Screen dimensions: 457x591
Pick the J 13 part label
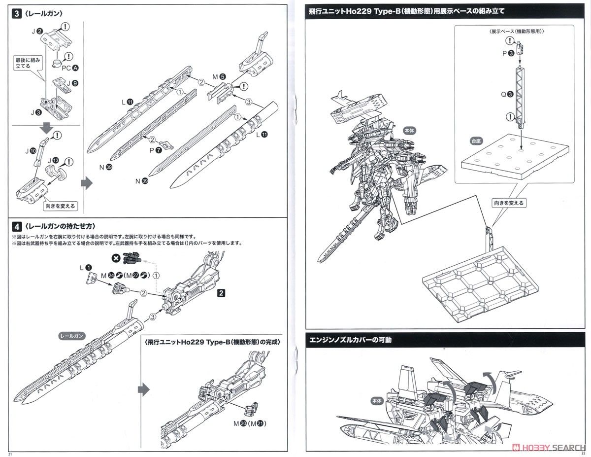pos(53,160)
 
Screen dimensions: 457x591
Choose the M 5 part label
pos(219,76)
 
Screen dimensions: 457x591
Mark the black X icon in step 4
pos(116,257)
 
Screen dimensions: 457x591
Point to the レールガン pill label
pos(72,335)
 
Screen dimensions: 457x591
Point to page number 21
pos(6,453)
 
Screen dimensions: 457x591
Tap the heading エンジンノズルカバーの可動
pos(351,340)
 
